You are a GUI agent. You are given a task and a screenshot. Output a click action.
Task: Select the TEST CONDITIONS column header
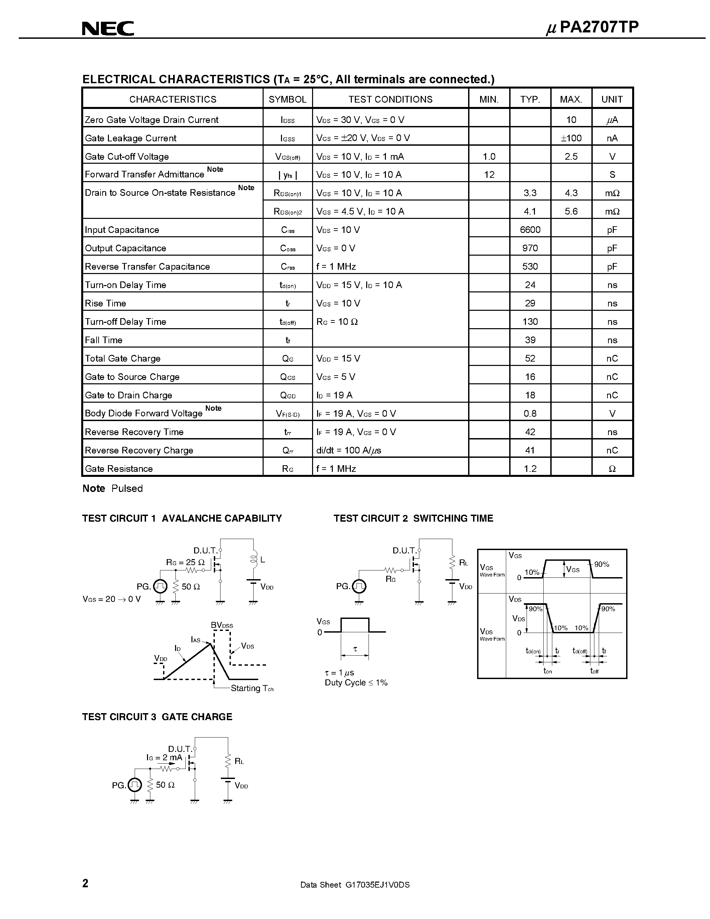(390, 99)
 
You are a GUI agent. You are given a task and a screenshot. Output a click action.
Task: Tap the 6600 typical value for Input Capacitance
(530, 230)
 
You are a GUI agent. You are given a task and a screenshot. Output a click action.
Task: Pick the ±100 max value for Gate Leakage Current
(571, 138)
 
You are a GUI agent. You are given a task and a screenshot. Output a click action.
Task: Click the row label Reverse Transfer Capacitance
(147, 266)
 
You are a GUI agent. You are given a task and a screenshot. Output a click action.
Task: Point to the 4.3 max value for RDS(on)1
(571, 193)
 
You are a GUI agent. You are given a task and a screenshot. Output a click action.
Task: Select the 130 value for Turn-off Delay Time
(530, 321)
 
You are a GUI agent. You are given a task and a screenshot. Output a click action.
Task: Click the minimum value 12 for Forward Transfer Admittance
(489, 175)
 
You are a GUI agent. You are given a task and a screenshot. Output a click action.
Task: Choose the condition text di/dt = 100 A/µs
(349, 450)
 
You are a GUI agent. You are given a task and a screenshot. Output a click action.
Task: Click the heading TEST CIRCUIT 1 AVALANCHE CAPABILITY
(182, 518)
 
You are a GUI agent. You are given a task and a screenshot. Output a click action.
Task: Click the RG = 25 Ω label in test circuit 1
(185, 562)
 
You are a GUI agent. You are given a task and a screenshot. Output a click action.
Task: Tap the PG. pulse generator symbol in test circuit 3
(135, 785)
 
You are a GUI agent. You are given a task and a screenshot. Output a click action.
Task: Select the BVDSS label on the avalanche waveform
(222, 625)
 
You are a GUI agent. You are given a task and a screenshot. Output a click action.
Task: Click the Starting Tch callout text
(252, 688)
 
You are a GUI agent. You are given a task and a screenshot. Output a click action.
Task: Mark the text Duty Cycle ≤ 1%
(356, 682)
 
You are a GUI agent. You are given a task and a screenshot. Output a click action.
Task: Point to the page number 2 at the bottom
(86, 883)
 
